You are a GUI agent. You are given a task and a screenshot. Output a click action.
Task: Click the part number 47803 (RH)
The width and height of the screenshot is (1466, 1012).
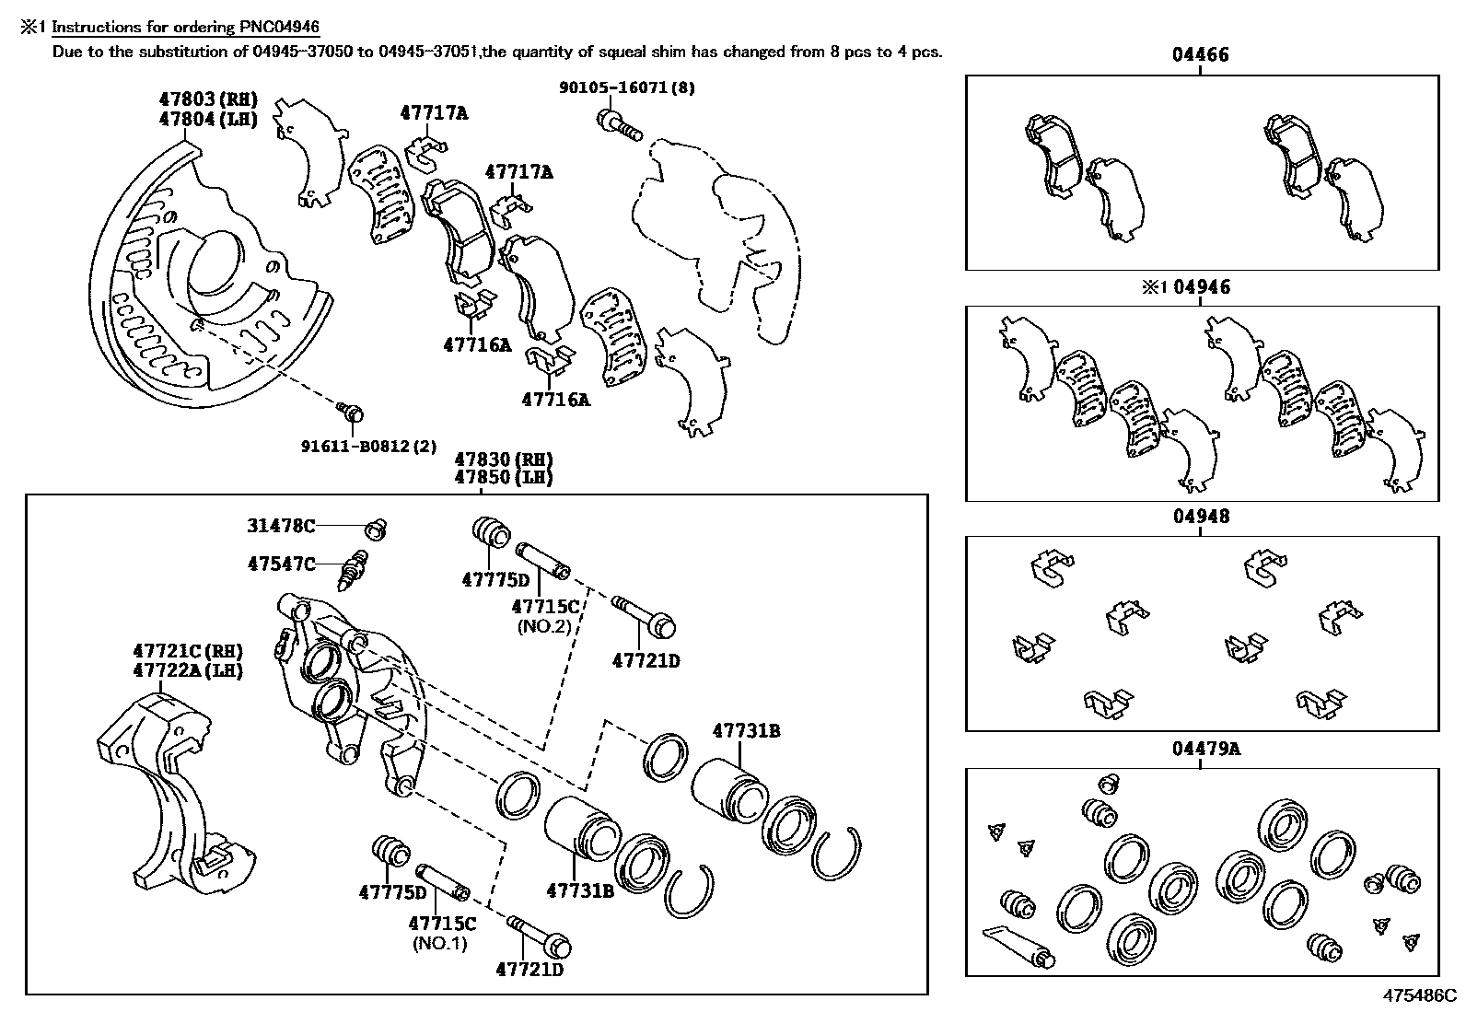pyautogui.click(x=206, y=99)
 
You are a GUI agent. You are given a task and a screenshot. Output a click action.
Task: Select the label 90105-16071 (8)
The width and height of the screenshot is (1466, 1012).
pyautogui.click(x=627, y=87)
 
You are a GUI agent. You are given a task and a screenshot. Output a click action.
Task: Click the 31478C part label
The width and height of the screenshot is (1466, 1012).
pyautogui.click(x=281, y=526)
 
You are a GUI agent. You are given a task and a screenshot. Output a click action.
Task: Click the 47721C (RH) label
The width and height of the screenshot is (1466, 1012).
pyautogui.click(x=187, y=651)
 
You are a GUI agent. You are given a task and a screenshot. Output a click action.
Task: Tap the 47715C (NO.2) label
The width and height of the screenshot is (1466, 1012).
pyautogui.click(x=545, y=607)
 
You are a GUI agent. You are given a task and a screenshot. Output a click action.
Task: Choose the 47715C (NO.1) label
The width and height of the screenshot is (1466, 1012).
pyautogui.click(x=442, y=924)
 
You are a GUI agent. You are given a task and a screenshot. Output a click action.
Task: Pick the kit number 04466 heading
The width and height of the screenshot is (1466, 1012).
pyautogui.click(x=1200, y=55)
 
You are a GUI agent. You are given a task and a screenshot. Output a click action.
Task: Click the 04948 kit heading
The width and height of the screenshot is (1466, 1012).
pyautogui.click(x=1201, y=517)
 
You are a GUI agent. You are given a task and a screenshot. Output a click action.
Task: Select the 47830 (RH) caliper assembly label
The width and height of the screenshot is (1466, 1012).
pyautogui.click(x=503, y=459)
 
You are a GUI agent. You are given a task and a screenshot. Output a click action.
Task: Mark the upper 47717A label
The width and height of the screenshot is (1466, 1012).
pyautogui.click(x=434, y=113)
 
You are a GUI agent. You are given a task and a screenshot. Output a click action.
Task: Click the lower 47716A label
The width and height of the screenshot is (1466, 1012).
pyautogui.click(x=555, y=400)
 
